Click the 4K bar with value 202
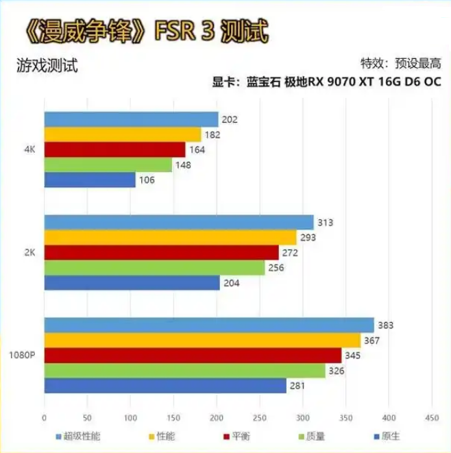point(131,120)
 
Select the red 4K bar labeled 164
point(114,149)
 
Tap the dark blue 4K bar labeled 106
point(90,180)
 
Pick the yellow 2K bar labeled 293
point(170,238)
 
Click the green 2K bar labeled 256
point(154,268)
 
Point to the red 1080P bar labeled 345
point(193,356)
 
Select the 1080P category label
point(22,356)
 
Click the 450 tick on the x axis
point(432,417)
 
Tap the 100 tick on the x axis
point(130,417)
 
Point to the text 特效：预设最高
point(400,64)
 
